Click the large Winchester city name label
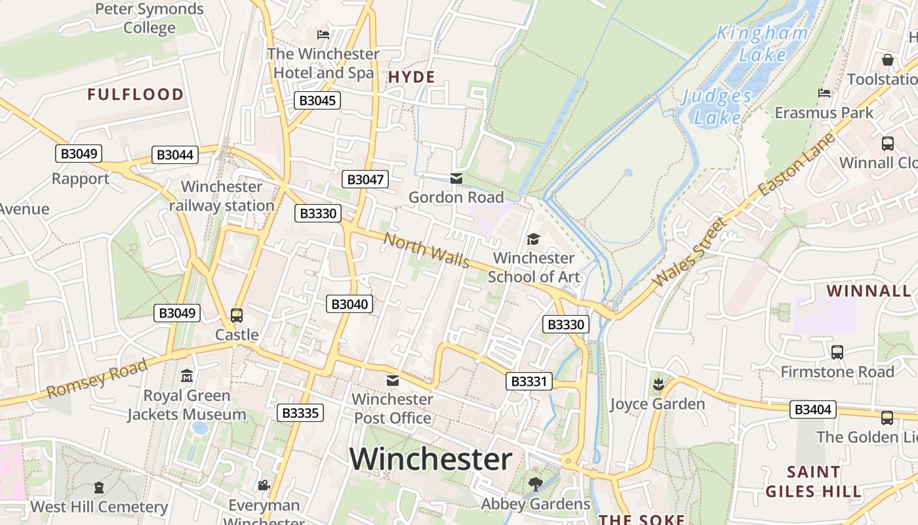click(x=430, y=459)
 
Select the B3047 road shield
click(x=365, y=179)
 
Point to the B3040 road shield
click(x=349, y=304)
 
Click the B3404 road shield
click(x=812, y=409)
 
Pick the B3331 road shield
click(x=529, y=381)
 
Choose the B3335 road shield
click(x=300, y=413)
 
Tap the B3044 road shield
click(x=175, y=155)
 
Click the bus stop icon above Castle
click(x=237, y=315)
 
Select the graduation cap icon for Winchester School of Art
click(x=533, y=239)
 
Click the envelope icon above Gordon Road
click(x=456, y=178)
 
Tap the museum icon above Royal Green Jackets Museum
click(x=187, y=377)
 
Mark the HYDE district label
click(x=411, y=77)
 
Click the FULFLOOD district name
click(x=136, y=94)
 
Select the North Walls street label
click(x=427, y=251)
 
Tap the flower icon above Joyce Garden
click(x=658, y=384)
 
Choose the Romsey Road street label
click(x=98, y=379)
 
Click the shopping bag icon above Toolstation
click(x=888, y=60)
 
